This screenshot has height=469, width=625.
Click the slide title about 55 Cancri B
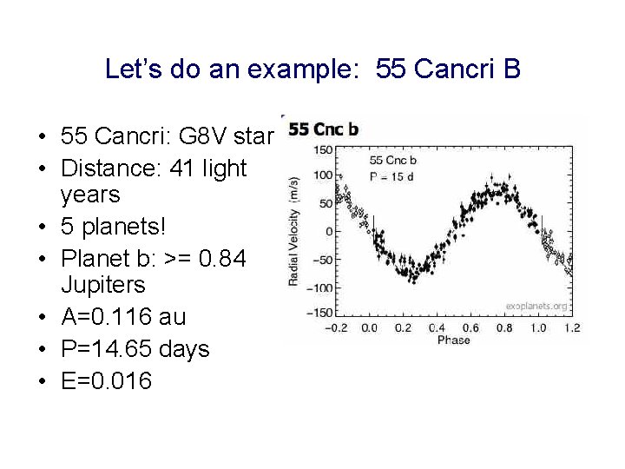(x=312, y=69)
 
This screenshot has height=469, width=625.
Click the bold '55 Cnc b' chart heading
(x=324, y=130)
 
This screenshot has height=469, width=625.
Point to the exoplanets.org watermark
(x=537, y=306)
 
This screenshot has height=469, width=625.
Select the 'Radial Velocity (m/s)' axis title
(x=294, y=231)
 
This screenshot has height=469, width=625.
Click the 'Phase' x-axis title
(x=453, y=340)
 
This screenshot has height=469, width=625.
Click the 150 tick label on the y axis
(x=323, y=150)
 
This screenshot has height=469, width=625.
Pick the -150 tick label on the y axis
(x=321, y=313)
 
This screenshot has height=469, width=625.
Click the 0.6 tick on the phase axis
(x=470, y=328)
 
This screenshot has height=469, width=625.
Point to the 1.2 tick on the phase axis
(x=570, y=328)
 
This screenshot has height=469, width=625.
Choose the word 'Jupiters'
(x=103, y=285)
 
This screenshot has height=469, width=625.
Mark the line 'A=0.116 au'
(x=123, y=317)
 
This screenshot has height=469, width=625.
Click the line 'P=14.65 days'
(x=135, y=349)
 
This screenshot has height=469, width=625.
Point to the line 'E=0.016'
(x=106, y=380)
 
